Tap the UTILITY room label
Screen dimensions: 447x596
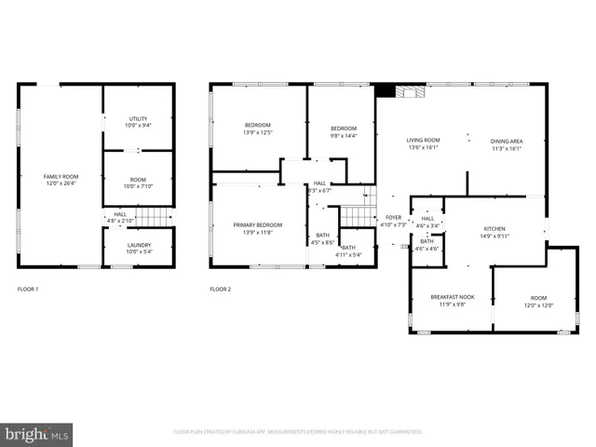138,118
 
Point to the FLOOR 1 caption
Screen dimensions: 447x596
29,289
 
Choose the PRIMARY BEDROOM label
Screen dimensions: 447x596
257,224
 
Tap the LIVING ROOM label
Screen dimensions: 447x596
423,141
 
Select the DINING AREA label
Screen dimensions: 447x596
507,141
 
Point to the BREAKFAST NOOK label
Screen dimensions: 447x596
453,296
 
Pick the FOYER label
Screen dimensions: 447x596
393,217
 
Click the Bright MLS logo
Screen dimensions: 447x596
36,433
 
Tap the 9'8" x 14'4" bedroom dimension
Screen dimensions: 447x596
343,136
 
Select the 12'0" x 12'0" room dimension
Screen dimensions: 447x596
537,305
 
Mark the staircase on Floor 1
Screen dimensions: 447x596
155,217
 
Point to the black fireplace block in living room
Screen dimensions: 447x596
385,90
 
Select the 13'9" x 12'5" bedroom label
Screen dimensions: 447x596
258,131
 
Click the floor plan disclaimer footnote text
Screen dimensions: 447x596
298,432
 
